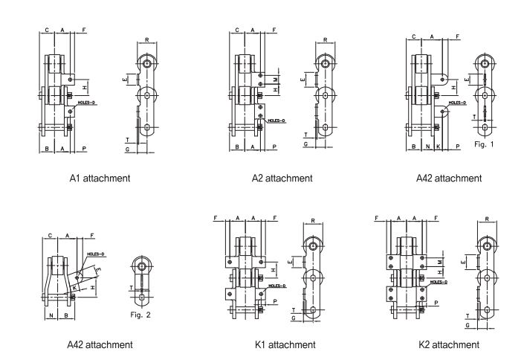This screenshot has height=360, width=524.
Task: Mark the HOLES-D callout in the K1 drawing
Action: (277, 285)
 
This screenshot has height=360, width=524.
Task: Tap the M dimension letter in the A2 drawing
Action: (275, 77)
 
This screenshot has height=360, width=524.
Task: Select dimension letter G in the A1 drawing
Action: (128, 150)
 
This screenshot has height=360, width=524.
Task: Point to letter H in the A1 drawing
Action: (84, 88)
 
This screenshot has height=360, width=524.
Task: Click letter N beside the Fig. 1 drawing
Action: (429, 148)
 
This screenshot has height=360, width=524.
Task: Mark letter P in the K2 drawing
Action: (436, 303)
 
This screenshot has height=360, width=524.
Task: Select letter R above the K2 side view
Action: (485, 219)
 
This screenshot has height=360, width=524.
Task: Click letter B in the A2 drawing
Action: (236, 148)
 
